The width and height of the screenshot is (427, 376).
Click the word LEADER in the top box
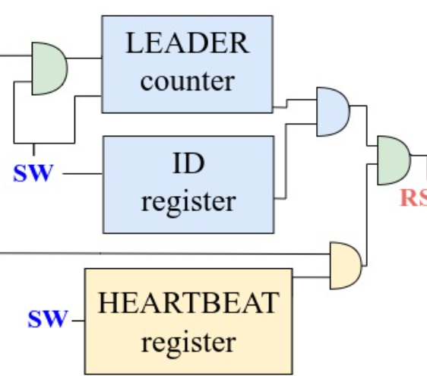click(x=187, y=43)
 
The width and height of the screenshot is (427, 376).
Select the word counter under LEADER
click(x=187, y=80)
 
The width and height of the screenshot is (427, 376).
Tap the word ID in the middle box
click(x=188, y=163)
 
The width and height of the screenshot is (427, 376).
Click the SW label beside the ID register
click(x=33, y=174)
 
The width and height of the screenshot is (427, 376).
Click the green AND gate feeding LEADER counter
click(x=47, y=68)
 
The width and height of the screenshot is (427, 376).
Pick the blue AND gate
click(x=331, y=112)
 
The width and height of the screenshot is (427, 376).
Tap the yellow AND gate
click(x=344, y=266)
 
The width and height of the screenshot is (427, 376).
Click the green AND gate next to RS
click(x=393, y=160)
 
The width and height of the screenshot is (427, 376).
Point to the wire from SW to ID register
click(x=82, y=174)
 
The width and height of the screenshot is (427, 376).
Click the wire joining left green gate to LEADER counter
click(x=84, y=57)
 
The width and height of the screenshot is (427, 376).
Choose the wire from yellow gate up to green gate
click(x=368, y=220)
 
